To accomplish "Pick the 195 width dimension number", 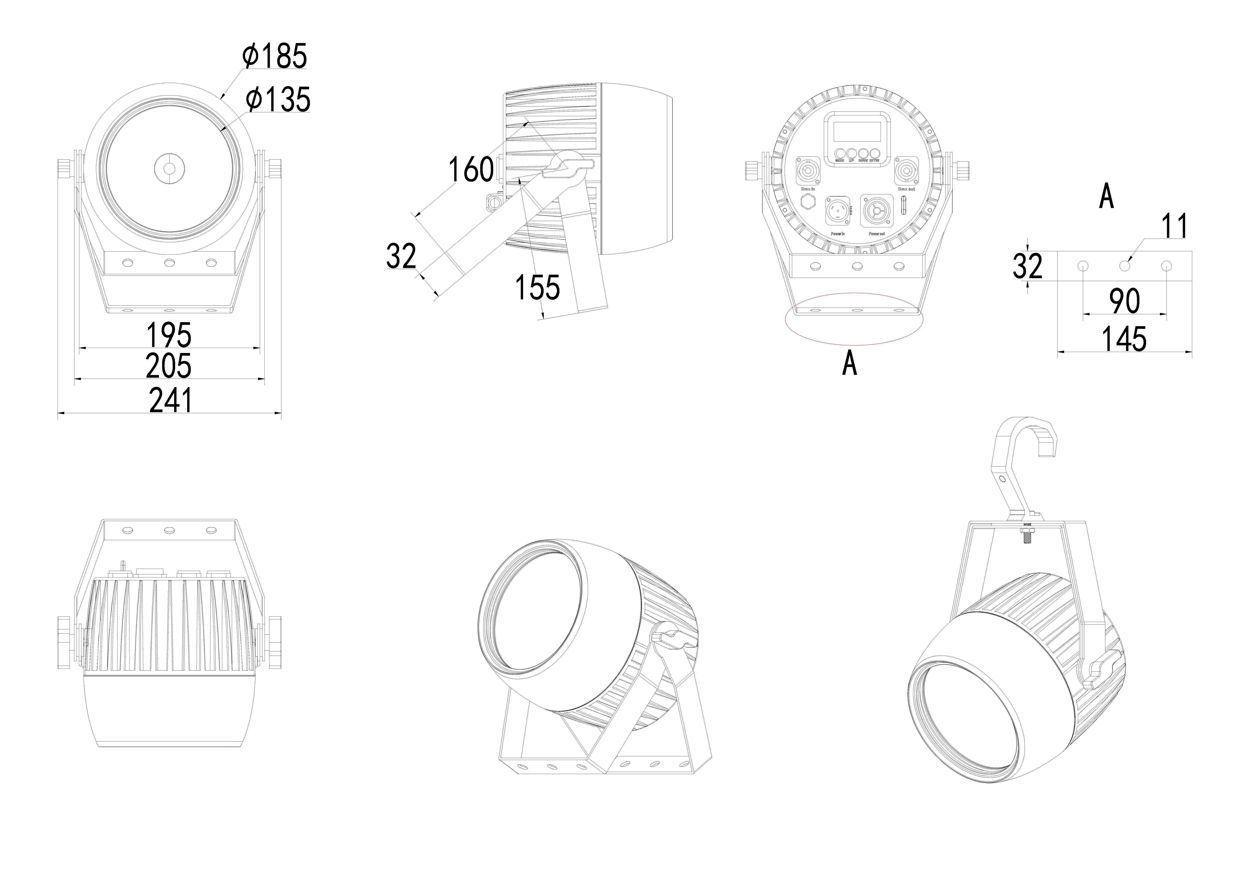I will click(169, 335).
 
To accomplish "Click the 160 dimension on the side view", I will click(471, 170).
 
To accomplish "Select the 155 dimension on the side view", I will click(538, 287).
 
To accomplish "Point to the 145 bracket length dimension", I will click(1124, 339).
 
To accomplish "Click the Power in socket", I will click(837, 211).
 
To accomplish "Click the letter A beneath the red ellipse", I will click(849, 364).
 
